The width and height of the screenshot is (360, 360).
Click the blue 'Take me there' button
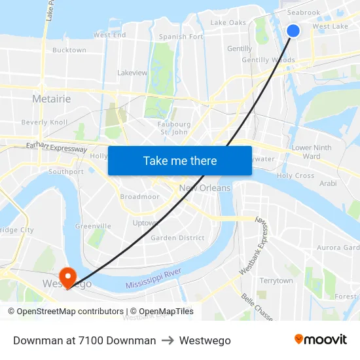point(180,160)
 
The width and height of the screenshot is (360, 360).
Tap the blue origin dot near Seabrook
point(293,30)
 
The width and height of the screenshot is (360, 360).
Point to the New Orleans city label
point(205,188)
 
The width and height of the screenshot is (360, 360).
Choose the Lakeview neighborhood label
point(132,73)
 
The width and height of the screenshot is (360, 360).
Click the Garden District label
point(177,238)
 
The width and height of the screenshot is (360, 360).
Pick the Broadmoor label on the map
point(139,196)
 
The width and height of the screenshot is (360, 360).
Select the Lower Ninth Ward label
point(312,152)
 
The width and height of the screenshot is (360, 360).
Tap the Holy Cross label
point(295,175)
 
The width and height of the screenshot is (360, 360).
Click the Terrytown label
point(276,280)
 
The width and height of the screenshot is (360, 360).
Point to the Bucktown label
point(69,50)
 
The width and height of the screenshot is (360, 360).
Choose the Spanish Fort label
point(181,37)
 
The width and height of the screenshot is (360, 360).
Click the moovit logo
point(321,340)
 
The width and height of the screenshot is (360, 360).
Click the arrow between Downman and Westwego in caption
point(168,340)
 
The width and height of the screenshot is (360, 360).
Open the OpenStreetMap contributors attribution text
point(70,312)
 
